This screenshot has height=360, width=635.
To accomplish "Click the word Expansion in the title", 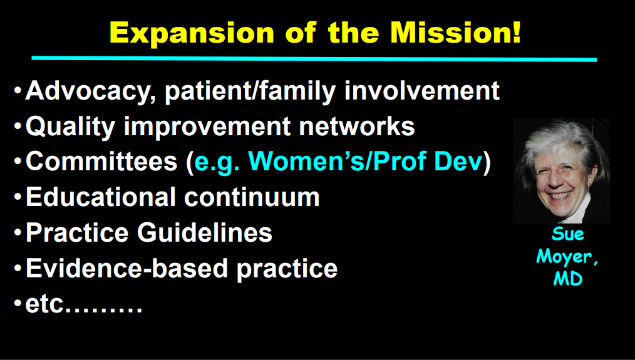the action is [192, 33].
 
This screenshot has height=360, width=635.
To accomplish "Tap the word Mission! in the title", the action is [455, 33].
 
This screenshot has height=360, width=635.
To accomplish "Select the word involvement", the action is [421, 90].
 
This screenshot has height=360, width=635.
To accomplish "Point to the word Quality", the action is [71, 127].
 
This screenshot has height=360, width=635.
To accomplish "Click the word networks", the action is [357, 126].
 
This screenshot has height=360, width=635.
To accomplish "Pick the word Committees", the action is [101, 162].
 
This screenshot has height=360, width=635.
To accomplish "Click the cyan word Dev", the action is [458, 162].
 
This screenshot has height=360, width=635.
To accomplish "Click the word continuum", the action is [252, 198].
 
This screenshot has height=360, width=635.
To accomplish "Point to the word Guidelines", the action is [205, 233].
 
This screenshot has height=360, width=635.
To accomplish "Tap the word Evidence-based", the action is [126, 269].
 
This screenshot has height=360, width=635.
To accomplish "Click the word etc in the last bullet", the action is [44, 304].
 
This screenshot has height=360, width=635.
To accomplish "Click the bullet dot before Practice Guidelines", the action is [18, 233].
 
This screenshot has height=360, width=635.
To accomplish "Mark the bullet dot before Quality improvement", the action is [18, 126].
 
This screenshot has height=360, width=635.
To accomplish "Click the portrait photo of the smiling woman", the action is [561, 170].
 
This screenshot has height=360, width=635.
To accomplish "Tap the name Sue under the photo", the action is [568, 234].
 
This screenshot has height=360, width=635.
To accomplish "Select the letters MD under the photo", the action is [568, 279].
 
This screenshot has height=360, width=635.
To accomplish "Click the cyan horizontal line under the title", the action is [314, 59].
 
